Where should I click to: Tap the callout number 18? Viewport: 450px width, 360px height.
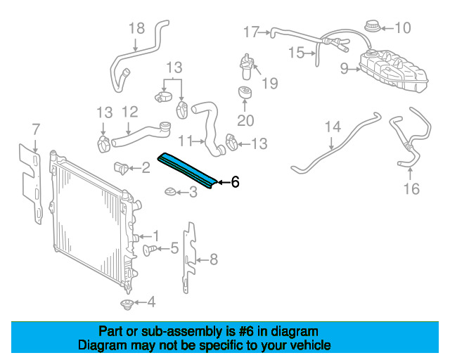[x=136, y=28]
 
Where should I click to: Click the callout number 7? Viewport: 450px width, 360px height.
[x=36, y=129]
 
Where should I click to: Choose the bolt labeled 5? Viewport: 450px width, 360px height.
[x=150, y=249]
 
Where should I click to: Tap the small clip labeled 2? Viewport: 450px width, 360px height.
[x=121, y=168]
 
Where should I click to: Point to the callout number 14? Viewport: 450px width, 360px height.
[x=332, y=127]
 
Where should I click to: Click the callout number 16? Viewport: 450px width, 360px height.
[x=411, y=188]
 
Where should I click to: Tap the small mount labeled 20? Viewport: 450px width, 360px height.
[x=245, y=94]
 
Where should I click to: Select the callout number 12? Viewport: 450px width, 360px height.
[x=129, y=111]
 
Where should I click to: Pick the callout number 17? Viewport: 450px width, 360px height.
[x=251, y=32]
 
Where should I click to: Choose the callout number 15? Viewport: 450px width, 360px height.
[x=295, y=51]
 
